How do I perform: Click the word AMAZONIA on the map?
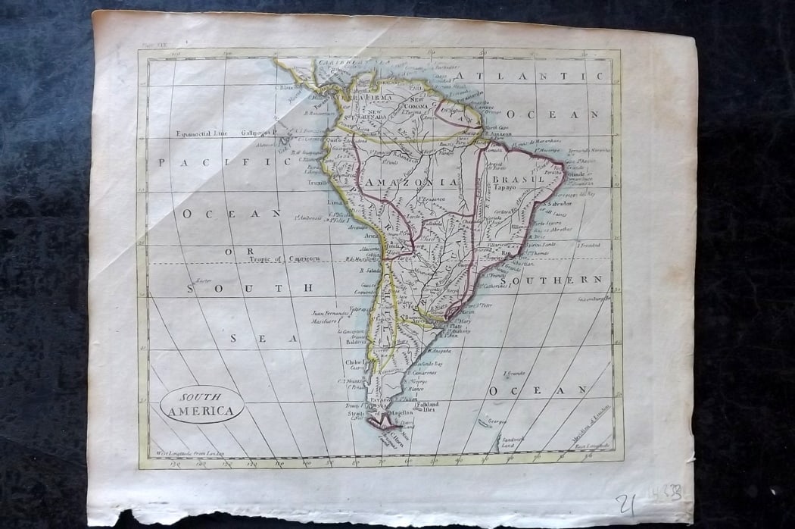411,183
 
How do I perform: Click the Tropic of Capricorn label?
284,258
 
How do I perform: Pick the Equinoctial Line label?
199,133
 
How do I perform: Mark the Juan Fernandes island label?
331,313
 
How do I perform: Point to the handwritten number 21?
625,503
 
